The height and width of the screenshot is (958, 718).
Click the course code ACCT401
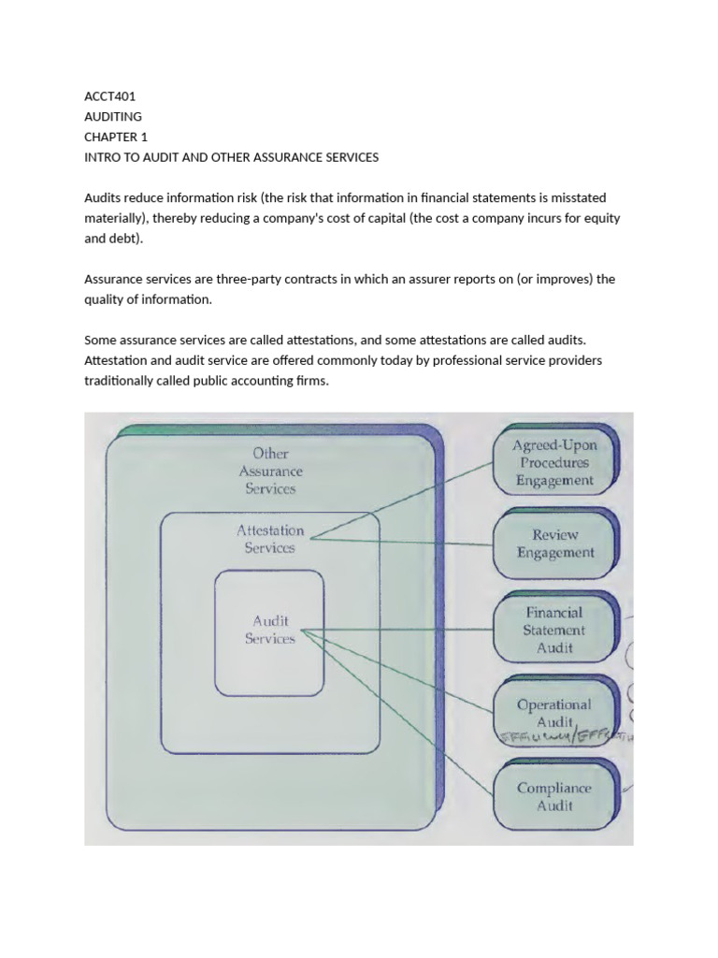pyautogui.click(x=109, y=95)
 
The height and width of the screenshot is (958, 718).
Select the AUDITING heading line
pyautogui.click(x=113, y=116)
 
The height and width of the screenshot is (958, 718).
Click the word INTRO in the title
pyautogui.click(x=103, y=157)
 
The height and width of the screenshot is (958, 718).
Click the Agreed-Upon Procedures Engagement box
pyautogui.click(x=554, y=463)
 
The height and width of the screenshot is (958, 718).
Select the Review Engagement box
pyautogui.click(x=555, y=544)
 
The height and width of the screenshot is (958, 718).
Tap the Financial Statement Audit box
pyautogui.click(x=554, y=630)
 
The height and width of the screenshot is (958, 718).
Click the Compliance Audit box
pyautogui.click(x=554, y=796)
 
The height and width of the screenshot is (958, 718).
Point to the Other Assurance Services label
pyautogui.click(x=270, y=471)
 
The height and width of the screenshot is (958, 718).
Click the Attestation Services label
pyautogui.click(x=270, y=539)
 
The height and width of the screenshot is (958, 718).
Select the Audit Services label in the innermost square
pyautogui.click(x=270, y=629)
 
